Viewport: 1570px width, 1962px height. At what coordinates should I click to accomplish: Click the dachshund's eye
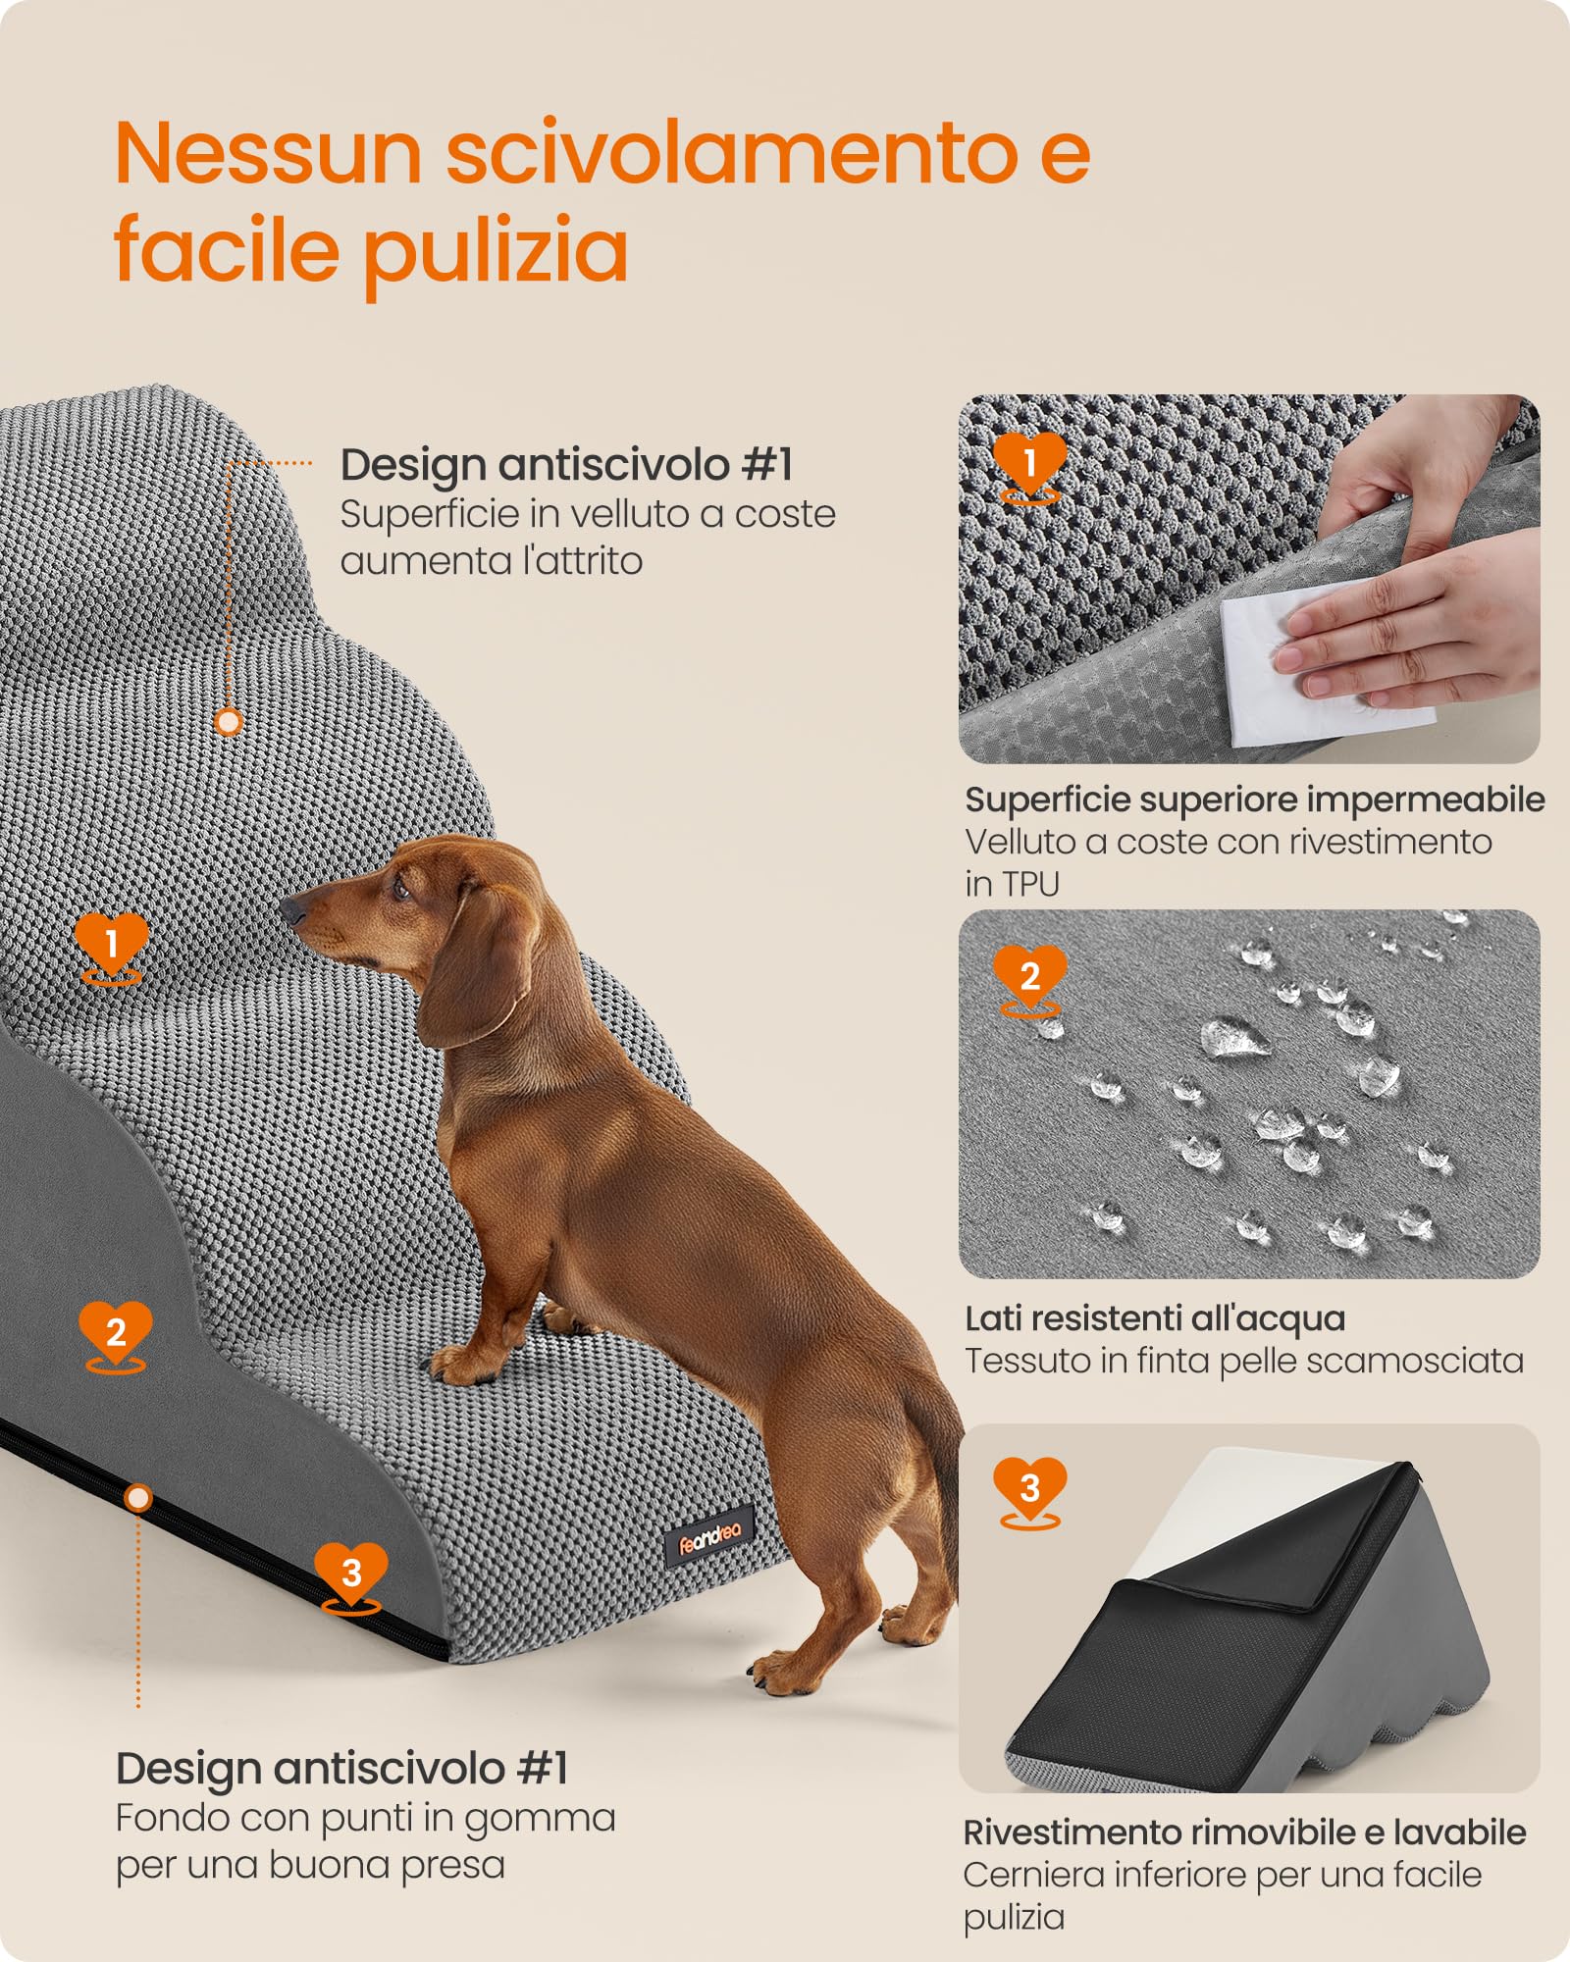(400, 890)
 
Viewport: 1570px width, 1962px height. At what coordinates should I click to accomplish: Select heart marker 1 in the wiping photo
(1029, 462)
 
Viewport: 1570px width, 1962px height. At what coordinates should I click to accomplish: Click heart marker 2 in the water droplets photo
(1029, 976)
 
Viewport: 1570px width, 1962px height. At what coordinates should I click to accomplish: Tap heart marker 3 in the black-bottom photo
(1029, 1488)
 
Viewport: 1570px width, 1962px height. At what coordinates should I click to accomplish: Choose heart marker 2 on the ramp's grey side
(116, 1332)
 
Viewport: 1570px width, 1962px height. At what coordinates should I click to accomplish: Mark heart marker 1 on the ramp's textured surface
(112, 944)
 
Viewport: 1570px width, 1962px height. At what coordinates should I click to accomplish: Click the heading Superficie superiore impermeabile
(1254, 800)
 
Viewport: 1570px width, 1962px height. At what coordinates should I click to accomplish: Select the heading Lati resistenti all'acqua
(1154, 1318)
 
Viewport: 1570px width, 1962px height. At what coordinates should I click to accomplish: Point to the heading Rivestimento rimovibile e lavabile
(1244, 1833)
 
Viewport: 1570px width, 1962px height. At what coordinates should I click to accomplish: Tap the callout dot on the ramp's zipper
(138, 1498)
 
